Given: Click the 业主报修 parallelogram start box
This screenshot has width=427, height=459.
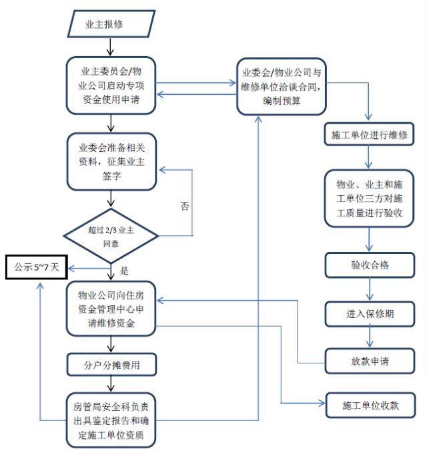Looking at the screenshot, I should click(113, 25).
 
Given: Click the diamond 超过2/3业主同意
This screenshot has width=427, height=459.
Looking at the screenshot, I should click(111, 235).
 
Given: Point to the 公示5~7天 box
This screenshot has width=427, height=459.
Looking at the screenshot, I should click(37, 267).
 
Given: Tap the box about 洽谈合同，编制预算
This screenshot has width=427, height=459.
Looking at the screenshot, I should click(283, 86).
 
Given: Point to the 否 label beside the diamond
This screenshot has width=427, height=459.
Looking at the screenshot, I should click(185, 206).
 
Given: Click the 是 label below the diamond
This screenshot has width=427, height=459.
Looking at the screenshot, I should click(124, 271).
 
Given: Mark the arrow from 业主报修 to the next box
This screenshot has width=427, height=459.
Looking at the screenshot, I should click(111, 47).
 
